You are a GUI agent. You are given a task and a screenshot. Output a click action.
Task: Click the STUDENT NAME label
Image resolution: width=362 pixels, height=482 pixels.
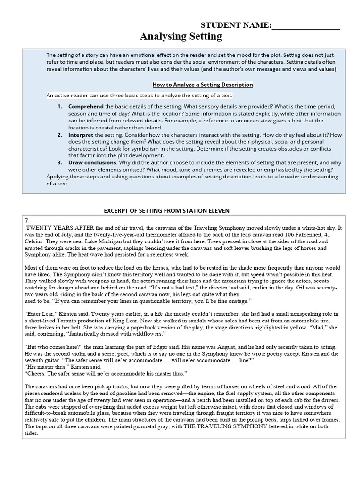click(x=236, y=25)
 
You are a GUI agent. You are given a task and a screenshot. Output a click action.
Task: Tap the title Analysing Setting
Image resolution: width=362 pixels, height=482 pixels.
click(x=181, y=37)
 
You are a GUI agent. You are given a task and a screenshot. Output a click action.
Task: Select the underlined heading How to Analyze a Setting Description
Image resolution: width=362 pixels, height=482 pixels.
click(x=203, y=85)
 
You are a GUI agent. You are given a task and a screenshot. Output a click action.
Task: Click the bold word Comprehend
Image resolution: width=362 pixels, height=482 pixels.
click(x=86, y=107)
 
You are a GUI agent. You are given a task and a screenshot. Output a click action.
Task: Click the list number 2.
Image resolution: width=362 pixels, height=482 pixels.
click(x=60, y=135)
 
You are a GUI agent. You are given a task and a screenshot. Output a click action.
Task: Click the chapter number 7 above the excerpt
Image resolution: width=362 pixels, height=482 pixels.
click(x=26, y=221)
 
